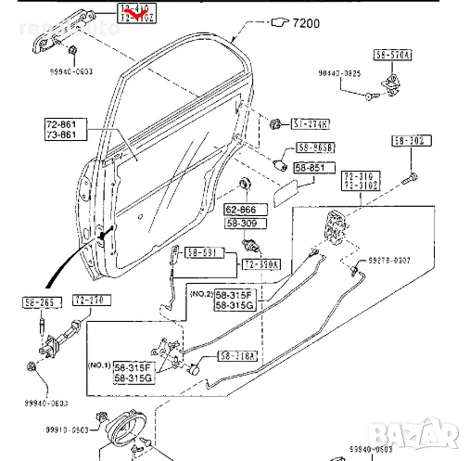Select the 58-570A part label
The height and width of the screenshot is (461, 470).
click(394, 56)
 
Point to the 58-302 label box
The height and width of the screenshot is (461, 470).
click(409, 141)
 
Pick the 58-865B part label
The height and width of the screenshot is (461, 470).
click(315, 147)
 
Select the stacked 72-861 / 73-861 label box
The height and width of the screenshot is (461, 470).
click(64, 129)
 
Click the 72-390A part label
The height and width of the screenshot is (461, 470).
click(263, 264)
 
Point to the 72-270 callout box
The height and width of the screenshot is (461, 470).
click(90, 301)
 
